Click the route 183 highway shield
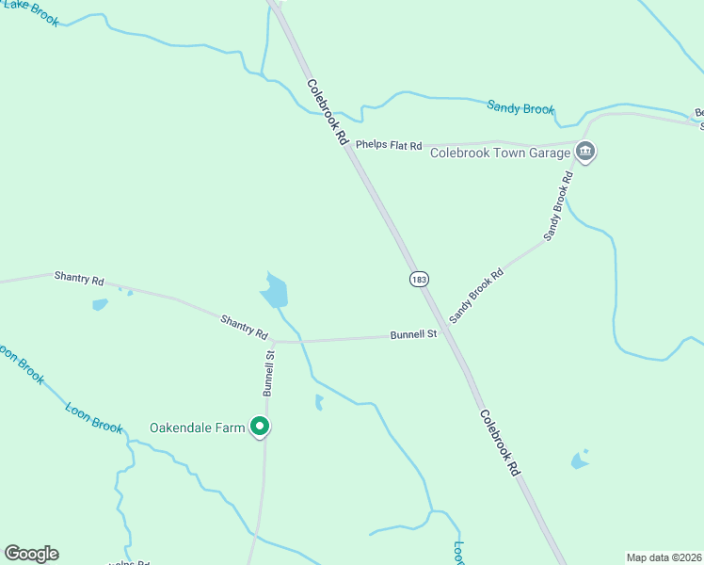(420, 279)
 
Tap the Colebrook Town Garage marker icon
(585, 152)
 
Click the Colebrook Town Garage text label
(501, 153)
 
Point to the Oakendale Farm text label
(197, 428)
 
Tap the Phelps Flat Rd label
(389, 145)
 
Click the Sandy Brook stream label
(520, 107)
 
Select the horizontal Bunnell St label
(414, 334)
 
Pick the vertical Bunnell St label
(269, 372)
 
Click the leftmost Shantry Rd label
(79, 278)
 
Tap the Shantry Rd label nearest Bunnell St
(244, 327)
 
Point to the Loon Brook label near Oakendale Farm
(93, 417)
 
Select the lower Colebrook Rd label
(499, 442)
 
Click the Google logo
(31, 554)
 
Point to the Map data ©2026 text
(664, 557)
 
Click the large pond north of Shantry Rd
(274, 292)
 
